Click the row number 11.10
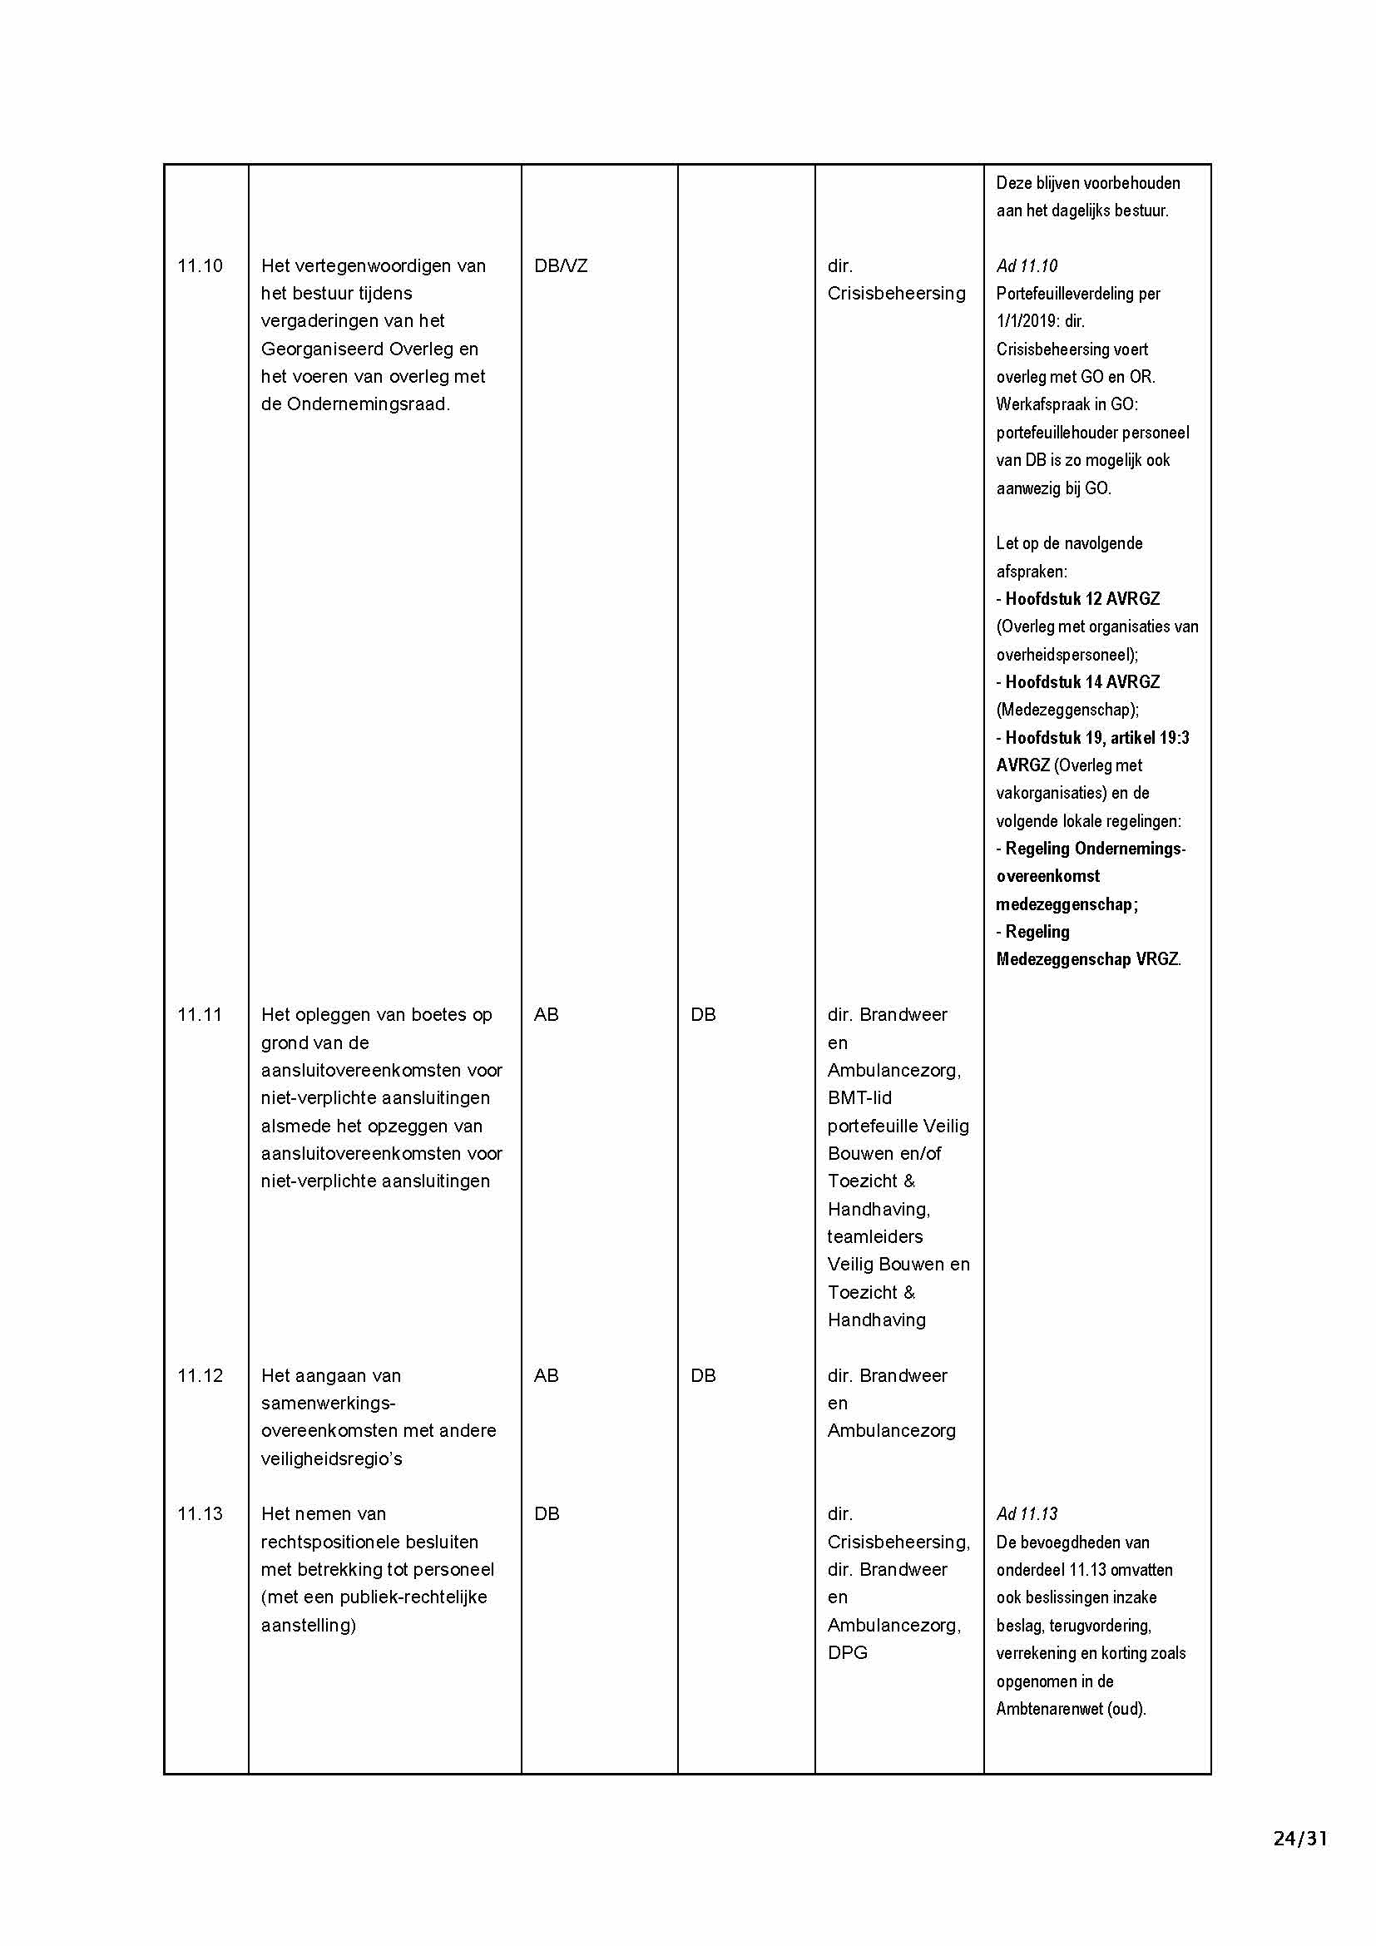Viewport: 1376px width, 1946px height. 200,266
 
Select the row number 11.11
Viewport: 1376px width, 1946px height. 200,1014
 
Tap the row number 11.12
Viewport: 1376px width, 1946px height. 200,1375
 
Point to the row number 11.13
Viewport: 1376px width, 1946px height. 200,1513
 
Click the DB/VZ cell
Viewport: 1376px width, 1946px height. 560,266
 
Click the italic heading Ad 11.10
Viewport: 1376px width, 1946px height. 1027,266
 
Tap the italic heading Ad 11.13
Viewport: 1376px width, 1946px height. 1027,1513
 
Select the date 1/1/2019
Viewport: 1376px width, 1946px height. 1027,321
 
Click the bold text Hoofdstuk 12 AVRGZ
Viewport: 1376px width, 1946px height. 1082,599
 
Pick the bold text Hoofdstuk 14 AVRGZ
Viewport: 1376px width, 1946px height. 1082,682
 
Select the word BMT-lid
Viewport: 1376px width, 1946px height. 859,1098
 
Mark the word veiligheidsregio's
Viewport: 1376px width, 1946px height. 331,1458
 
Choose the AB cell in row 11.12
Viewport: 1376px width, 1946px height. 547,1375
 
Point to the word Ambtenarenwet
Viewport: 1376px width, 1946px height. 1050,1709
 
